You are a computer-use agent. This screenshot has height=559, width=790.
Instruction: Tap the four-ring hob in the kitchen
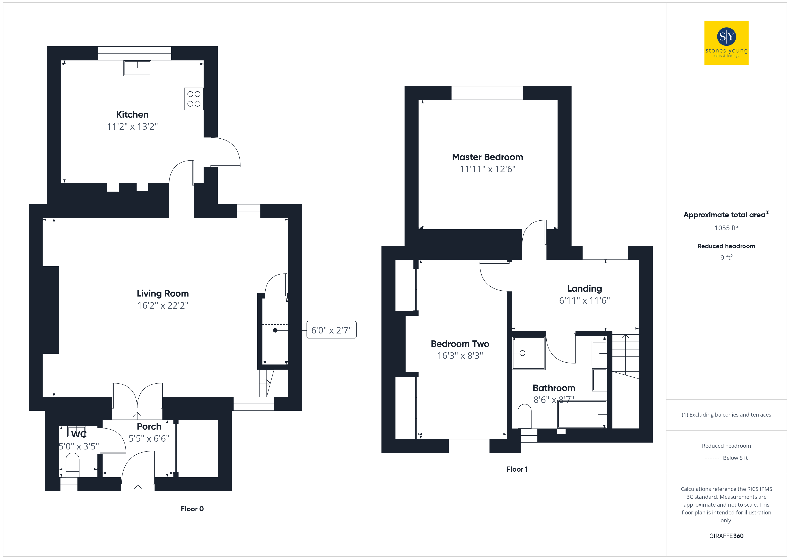194,99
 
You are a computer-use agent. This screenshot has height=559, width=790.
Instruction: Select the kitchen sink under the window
137,68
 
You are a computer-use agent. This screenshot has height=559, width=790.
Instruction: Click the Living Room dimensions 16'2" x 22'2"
163,305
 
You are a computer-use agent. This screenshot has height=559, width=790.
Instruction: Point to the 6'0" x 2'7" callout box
331,330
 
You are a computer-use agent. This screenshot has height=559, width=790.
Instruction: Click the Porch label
149,426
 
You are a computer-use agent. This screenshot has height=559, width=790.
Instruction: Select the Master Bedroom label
487,157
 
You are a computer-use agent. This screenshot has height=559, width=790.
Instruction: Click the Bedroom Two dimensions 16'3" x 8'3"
460,356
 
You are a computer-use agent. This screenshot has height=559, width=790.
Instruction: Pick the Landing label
584,288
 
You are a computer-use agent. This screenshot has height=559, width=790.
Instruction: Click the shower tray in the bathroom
528,353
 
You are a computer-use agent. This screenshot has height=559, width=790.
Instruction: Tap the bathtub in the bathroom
582,414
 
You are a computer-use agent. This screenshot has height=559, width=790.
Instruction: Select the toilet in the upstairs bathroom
525,417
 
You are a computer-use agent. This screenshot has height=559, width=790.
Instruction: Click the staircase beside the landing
625,356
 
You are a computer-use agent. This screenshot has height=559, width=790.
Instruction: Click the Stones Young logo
726,43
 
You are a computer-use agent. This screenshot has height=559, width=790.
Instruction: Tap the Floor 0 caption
192,509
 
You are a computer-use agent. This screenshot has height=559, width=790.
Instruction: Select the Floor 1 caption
517,469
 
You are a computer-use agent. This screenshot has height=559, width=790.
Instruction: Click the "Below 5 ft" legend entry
735,458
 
